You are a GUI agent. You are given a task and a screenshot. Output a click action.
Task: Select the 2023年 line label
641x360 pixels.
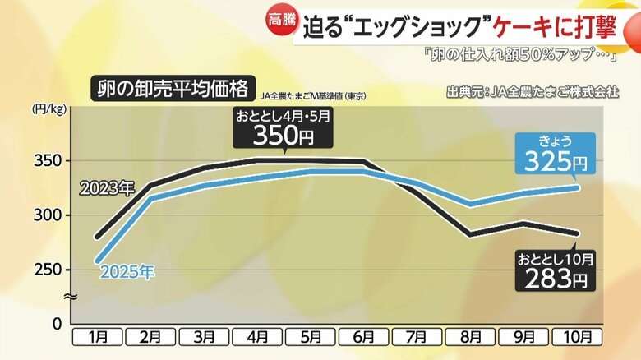106,188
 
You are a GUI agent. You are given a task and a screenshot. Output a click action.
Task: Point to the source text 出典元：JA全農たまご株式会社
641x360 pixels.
533,91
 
